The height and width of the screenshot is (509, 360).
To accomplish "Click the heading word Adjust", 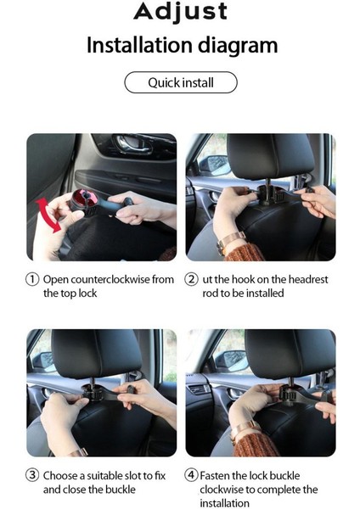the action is point(181,12).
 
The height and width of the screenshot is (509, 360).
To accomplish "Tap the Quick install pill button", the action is point(181,82).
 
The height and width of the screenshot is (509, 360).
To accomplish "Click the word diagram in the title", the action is point(238,46).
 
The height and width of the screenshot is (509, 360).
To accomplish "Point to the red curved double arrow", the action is point(48,215).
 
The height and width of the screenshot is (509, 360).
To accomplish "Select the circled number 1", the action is point(32,279).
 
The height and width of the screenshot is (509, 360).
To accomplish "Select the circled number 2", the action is point(191,279).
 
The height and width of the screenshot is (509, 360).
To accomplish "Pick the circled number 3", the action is point(32,475).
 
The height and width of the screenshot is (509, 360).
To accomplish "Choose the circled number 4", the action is point(191,475).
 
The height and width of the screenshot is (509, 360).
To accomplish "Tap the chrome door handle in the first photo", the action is point(133,145).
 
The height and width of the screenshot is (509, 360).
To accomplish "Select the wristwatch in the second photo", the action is point(231,242).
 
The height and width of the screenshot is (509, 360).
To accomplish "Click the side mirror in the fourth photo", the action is point(233,361).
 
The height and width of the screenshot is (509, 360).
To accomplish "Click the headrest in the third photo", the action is point(96,353).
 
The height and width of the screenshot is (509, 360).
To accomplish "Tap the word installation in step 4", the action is point(224,503).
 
